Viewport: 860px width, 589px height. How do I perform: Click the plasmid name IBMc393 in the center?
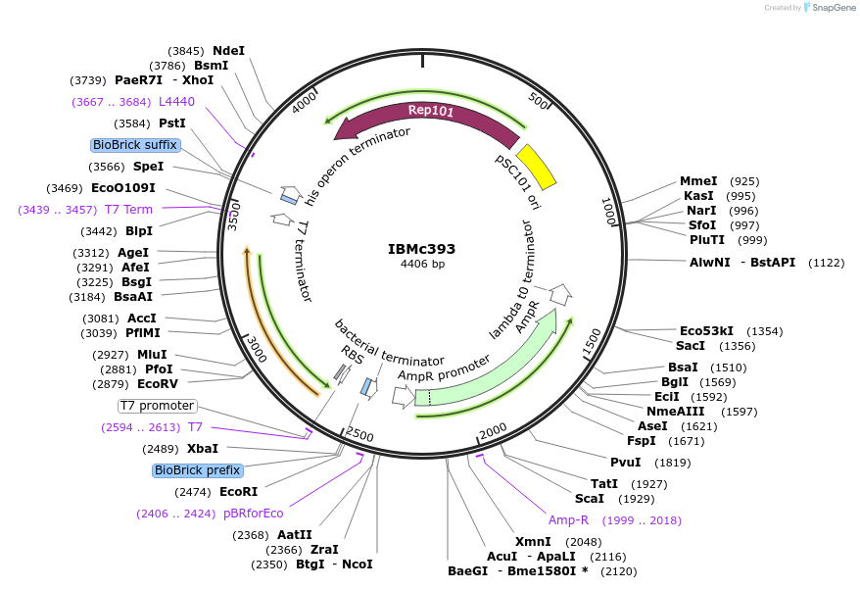pos(421,249)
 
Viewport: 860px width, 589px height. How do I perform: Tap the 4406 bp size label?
pos(422,265)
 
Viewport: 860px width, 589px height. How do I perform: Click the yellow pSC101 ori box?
pos(536,166)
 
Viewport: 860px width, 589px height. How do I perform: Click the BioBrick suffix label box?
pos(135,145)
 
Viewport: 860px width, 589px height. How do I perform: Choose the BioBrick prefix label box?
pos(197,470)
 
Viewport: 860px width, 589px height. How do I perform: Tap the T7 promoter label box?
pos(157,406)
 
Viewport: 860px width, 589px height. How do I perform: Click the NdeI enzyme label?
pos(228,51)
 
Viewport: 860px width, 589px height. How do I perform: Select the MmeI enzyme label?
pos(698,181)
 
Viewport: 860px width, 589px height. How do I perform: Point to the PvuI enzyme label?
pos(625,463)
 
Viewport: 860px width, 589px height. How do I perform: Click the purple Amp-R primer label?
pos(569,520)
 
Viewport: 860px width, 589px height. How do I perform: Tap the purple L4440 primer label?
pos(176,101)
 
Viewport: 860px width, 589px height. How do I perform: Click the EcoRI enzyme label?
pos(238,491)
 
